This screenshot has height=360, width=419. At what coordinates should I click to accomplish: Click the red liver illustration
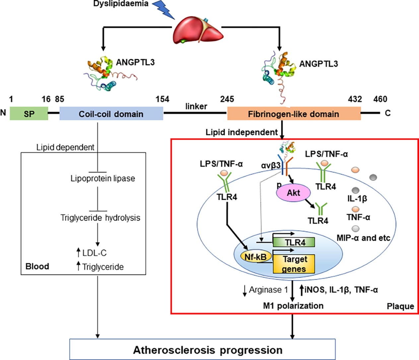[x=198, y=31]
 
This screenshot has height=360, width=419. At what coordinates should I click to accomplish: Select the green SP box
[x=29, y=113]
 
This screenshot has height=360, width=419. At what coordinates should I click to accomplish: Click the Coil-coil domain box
[x=111, y=113]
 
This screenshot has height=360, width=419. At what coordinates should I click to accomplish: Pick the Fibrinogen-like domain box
[x=294, y=113]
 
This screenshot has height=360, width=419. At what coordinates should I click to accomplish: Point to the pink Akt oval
[x=293, y=193]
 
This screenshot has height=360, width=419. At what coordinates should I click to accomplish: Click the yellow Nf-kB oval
[x=256, y=257]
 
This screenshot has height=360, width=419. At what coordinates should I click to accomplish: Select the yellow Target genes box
[x=294, y=264]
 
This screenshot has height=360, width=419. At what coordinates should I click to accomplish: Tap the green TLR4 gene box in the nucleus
[x=294, y=242]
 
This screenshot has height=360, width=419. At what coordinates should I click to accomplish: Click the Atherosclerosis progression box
[x=202, y=349]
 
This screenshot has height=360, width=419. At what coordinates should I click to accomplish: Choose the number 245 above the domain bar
[x=227, y=99]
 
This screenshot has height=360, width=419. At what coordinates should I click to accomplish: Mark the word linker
[x=196, y=106]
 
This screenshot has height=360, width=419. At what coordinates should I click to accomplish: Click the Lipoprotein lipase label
[x=103, y=179]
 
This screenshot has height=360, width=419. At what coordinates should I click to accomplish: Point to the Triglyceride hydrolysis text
[x=100, y=218]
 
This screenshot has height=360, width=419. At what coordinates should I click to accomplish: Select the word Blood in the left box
[x=37, y=266]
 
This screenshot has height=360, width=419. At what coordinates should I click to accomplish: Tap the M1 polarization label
[x=293, y=306]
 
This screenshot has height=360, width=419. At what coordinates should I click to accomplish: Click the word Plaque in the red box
[x=400, y=306]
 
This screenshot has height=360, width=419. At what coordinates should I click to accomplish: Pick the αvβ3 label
[x=271, y=166]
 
